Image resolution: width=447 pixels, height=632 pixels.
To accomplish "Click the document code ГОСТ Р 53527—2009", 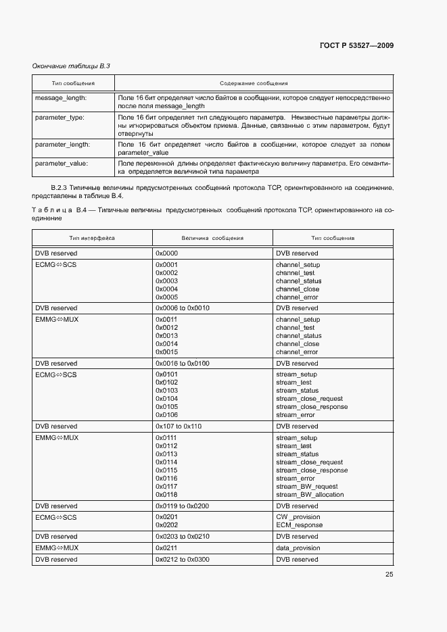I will click(x=356, y=46).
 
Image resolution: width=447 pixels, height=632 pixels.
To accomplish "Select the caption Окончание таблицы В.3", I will click(x=71, y=66).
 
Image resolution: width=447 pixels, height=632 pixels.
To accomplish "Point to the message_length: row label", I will click(x=61, y=98).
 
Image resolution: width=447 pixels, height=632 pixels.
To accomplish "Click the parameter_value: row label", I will click(x=60, y=163).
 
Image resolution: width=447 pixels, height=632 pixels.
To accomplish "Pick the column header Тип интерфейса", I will click(x=92, y=238).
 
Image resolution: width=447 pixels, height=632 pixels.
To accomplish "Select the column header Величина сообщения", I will click(x=212, y=238).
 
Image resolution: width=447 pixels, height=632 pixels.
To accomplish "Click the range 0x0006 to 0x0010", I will click(x=183, y=308).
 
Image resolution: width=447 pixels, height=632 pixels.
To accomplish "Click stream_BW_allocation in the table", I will click(x=310, y=495).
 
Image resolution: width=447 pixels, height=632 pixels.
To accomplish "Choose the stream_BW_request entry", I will click(x=306, y=487).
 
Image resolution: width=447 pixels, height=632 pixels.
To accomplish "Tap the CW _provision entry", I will click(x=298, y=517).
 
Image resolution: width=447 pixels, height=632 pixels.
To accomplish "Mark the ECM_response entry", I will click(x=299, y=525).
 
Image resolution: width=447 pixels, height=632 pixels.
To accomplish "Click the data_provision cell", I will click(x=298, y=548).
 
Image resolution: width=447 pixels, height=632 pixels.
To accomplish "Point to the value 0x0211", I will click(x=166, y=548).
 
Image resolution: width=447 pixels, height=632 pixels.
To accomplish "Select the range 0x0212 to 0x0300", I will click(x=183, y=560).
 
